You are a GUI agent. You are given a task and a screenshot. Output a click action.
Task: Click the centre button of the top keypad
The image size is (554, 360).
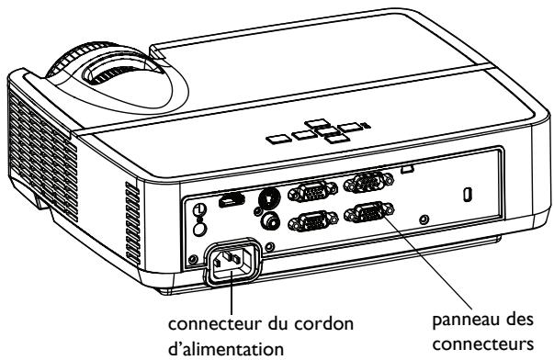click(317, 134)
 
